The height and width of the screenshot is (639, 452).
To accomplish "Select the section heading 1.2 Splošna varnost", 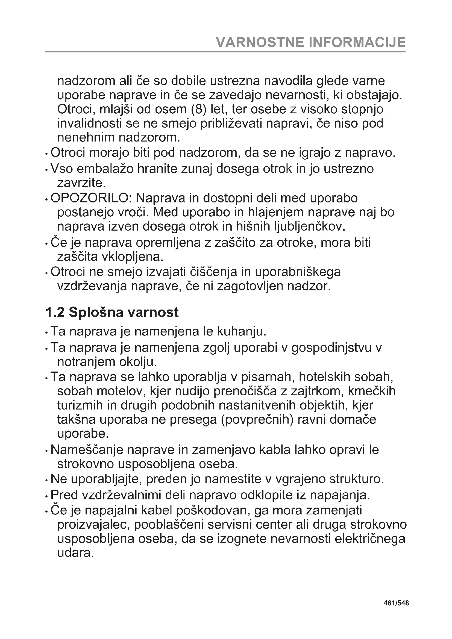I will coord(111,312).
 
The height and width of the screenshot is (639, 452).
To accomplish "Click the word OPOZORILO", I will coord(89,198).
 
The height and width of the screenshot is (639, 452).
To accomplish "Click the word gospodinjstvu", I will coord(332,348).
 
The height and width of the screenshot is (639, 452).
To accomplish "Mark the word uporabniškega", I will coord(298,272).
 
